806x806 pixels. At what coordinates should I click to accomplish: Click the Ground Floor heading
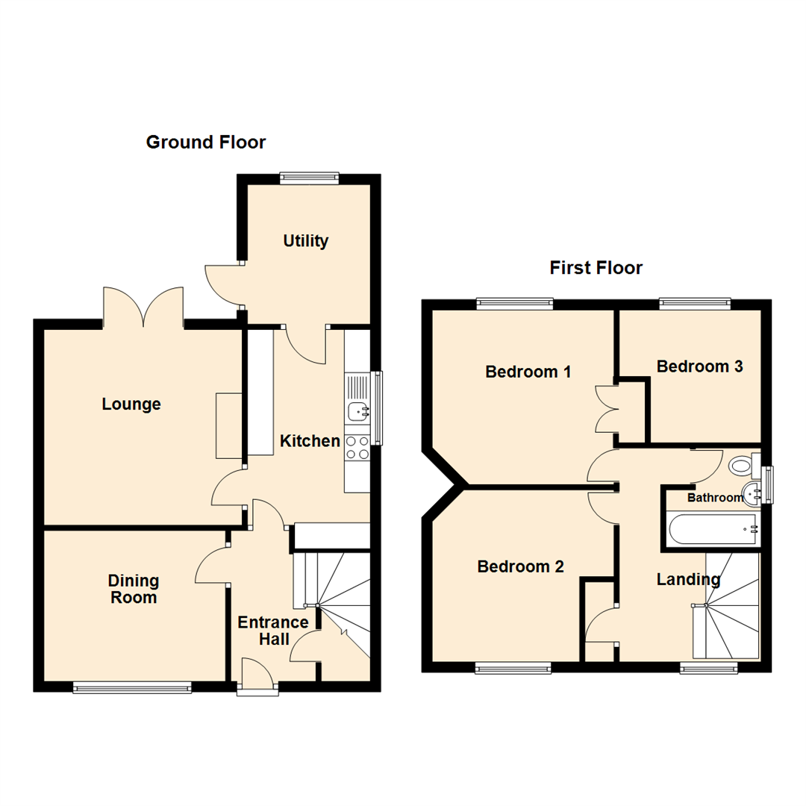(205, 142)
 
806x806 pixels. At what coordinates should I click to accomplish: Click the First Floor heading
(596, 267)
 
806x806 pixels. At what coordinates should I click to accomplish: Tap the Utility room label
(305, 241)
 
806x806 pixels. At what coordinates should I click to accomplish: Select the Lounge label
(131, 404)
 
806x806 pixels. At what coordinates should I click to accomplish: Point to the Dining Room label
(134, 589)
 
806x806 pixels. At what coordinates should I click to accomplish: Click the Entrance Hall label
(273, 631)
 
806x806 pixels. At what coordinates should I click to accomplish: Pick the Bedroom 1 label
(528, 371)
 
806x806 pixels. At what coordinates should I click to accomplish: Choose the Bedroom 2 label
(520, 567)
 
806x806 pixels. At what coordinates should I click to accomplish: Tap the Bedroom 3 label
(699, 366)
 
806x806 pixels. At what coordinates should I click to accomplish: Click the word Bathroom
(715, 497)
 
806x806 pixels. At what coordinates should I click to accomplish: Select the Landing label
(688, 579)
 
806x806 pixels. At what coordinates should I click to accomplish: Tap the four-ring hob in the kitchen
(357, 447)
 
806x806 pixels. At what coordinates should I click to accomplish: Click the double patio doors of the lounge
(143, 307)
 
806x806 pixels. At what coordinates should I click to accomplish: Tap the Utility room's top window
(309, 178)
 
